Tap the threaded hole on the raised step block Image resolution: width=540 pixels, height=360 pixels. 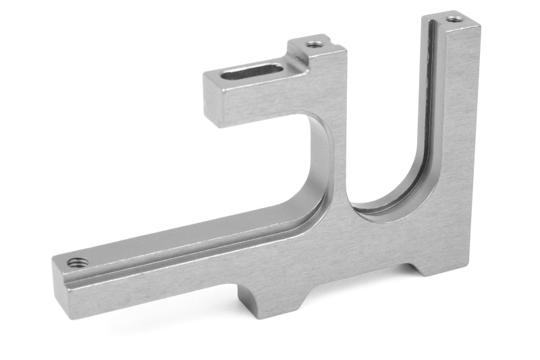(314, 45)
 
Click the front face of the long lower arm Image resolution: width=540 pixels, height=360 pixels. (169, 270)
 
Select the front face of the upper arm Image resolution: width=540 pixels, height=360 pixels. (270, 105)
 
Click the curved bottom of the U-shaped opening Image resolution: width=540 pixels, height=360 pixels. (388, 203)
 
